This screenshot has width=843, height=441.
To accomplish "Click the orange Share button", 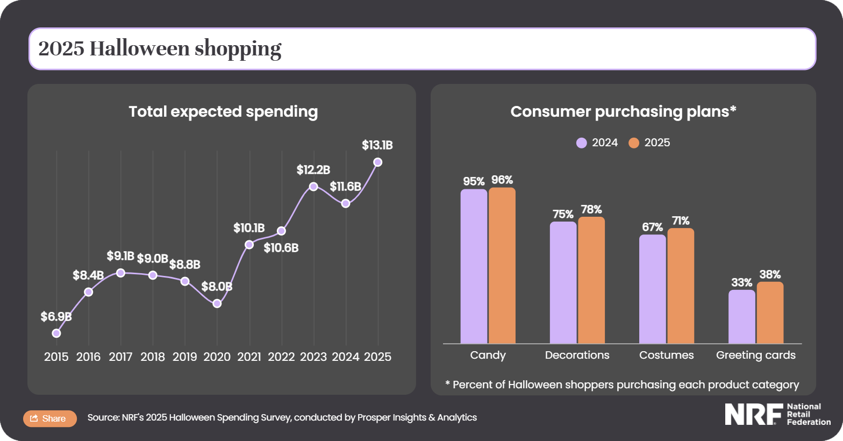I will (49, 418).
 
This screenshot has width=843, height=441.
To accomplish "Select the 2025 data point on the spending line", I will (377, 162).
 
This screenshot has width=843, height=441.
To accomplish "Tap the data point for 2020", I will (217, 303).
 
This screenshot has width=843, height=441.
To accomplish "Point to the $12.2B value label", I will (313, 170).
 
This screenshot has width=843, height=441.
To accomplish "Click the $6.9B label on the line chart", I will (56, 317).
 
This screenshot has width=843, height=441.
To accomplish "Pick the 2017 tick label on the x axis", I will (120, 357).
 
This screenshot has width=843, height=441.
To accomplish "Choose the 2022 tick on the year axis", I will (281, 357).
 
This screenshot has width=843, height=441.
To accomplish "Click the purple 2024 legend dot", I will (581, 143).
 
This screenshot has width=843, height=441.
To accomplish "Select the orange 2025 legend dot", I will (634, 143).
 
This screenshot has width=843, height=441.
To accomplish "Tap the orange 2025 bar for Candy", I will (502, 266).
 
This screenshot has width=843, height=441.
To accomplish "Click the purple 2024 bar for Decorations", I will (563, 282).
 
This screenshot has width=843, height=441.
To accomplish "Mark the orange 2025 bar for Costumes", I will (681, 286).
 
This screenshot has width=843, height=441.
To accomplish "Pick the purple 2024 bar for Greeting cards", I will (741, 317).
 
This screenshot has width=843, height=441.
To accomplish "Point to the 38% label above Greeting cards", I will (770, 274).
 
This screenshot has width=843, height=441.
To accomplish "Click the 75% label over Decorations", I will (563, 214).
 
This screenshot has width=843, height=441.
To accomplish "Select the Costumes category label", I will (666, 355).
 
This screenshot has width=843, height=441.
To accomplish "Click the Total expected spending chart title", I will (223, 111).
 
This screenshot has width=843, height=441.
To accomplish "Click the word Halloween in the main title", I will (140, 48).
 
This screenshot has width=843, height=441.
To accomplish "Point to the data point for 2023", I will (313, 187).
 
